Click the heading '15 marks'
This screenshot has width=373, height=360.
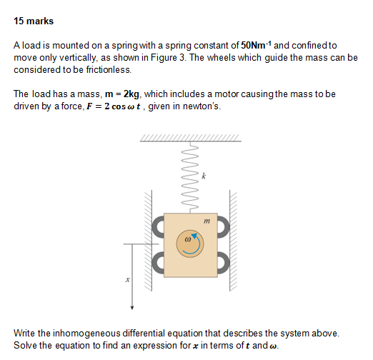(x=34, y=21)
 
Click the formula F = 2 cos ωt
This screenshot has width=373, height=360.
(x=105, y=107)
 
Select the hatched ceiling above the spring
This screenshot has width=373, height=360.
(x=191, y=139)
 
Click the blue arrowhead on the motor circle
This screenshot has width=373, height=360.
(x=194, y=236)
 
